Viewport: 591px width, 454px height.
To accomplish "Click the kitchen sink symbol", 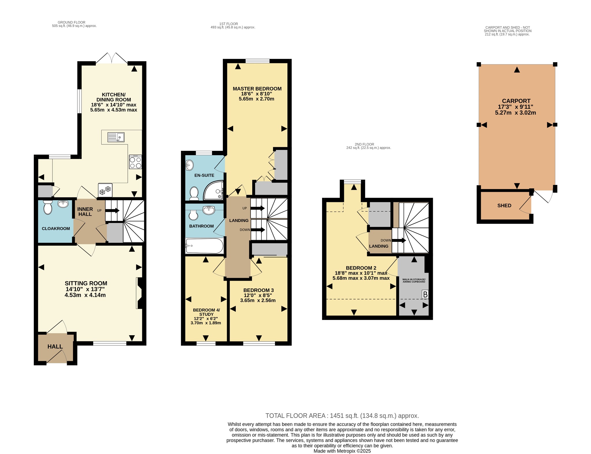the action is (x=116, y=137).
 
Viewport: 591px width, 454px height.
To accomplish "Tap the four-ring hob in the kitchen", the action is (x=136, y=162).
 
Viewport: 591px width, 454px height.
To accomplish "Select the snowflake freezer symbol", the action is (x=105, y=190).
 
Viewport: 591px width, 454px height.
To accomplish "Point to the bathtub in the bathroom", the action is (x=204, y=246).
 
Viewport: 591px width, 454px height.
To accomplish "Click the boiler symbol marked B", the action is (x=425, y=294).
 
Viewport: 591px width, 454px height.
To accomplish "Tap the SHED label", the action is (x=504, y=205).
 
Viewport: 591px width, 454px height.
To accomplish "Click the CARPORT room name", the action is (x=516, y=101).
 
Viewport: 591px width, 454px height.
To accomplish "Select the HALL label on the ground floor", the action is (x=55, y=346).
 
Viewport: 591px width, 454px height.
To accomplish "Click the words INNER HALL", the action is (x=85, y=212).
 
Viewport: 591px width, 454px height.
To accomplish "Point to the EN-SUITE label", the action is (x=204, y=175).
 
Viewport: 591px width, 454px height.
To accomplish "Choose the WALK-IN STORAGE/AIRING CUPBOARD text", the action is (x=414, y=281).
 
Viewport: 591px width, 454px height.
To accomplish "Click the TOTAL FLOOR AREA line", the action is (x=342, y=416).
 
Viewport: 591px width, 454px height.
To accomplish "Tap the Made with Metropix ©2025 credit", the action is (x=342, y=451).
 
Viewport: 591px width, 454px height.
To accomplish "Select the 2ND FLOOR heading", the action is (x=364, y=144).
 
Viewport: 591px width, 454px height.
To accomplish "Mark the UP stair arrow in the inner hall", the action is (x=112, y=211).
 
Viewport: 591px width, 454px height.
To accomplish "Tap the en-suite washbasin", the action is (x=189, y=165).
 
